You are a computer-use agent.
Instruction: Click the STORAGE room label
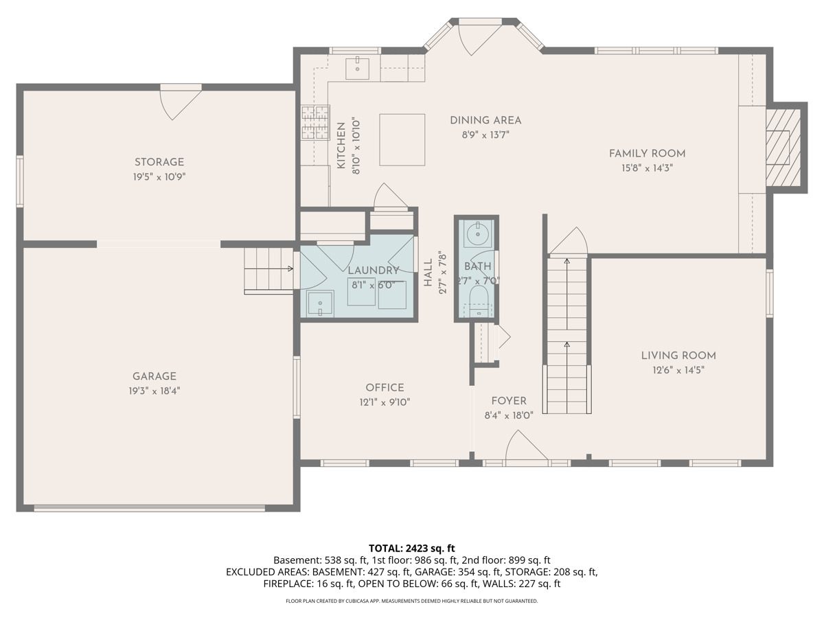(x=159, y=162)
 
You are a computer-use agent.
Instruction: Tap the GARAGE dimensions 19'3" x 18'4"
(x=154, y=391)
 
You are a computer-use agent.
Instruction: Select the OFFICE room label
(x=385, y=387)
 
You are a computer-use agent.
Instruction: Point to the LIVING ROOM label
(x=678, y=356)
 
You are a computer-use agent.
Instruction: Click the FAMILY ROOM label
(x=648, y=153)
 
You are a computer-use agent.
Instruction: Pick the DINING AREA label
(x=485, y=120)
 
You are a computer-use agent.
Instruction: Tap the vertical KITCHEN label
(x=341, y=146)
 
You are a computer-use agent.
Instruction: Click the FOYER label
(x=509, y=401)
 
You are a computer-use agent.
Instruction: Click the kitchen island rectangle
(x=402, y=139)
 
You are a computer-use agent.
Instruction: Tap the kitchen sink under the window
(x=357, y=69)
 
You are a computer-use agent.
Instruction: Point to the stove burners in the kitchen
(x=315, y=122)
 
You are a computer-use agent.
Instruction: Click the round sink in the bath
(x=478, y=234)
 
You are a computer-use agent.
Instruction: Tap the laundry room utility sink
(x=320, y=302)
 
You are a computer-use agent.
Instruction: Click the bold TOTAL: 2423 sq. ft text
(x=411, y=548)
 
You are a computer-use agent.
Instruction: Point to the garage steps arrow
(x=268, y=268)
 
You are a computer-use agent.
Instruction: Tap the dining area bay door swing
(x=477, y=40)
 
